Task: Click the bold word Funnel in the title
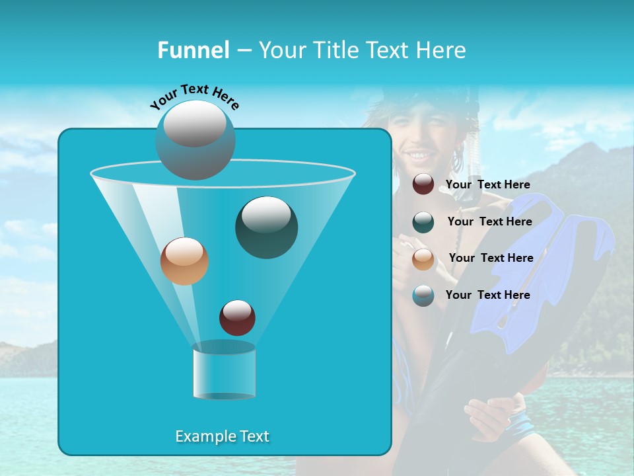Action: pos(194,50)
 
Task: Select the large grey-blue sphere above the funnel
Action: pos(195,140)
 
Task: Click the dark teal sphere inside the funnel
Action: pos(266,227)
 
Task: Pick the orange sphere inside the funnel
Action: pos(184,260)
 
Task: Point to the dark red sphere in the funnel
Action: pos(237,317)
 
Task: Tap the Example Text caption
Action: pos(222,436)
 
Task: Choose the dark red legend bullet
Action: pos(423,184)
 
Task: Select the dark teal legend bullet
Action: pos(423,221)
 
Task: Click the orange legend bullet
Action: pos(423,258)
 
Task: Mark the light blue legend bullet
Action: pos(423,296)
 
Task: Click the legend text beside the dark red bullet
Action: pos(487,185)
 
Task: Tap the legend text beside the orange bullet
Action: pos(491,258)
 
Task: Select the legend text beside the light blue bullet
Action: pos(487,295)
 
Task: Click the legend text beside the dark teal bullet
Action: pos(489,221)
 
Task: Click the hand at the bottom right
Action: pos(489,416)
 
